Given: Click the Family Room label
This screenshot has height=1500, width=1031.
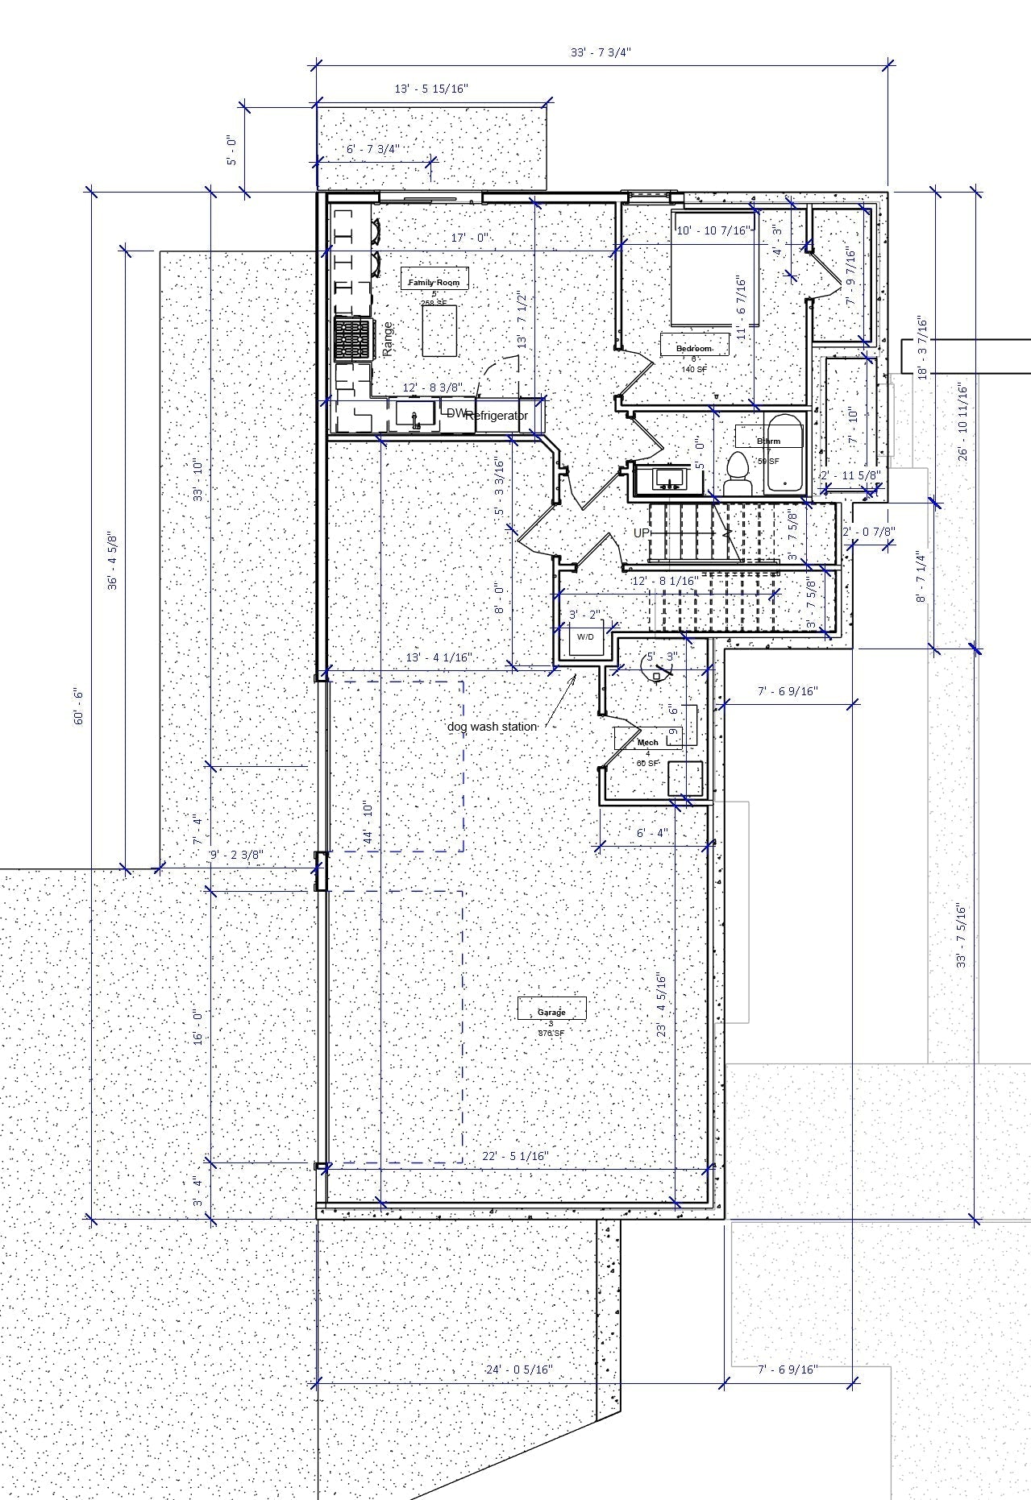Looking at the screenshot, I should click(x=435, y=283).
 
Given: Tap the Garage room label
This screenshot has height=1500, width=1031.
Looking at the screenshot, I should click(x=552, y=1012).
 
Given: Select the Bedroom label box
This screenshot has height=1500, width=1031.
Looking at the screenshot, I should click(x=694, y=348).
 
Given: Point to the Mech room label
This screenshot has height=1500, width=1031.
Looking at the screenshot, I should click(x=648, y=741).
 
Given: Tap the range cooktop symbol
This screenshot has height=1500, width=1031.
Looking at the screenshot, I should click(x=355, y=340).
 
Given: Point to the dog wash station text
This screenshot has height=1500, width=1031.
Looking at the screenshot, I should click(x=492, y=726).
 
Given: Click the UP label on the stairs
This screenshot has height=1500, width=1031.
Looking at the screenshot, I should click(x=642, y=533).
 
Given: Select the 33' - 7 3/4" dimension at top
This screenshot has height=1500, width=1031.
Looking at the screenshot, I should click(x=601, y=52).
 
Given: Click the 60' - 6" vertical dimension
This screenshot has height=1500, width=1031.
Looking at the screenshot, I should click(x=80, y=706).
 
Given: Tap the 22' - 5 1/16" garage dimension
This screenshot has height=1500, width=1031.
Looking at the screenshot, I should click(x=515, y=1156).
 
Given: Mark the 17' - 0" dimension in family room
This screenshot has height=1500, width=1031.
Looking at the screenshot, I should click(x=470, y=238).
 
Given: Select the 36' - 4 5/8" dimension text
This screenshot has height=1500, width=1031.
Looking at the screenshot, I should click(x=113, y=561).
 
